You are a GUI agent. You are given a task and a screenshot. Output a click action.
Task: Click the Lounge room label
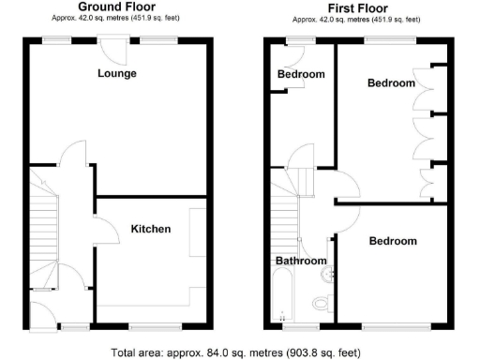click(x=117, y=73)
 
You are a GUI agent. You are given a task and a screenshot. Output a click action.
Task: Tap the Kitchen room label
click(x=150, y=229)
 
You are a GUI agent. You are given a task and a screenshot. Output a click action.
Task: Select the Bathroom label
click(x=301, y=261)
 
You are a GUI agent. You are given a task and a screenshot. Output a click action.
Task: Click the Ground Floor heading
click(x=116, y=7)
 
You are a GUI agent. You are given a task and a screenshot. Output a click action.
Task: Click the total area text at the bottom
click(x=235, y=352)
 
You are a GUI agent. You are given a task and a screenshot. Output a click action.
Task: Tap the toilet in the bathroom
click(x=320, y=303)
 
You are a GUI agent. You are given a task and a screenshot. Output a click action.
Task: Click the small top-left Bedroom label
click(x=301, y=74)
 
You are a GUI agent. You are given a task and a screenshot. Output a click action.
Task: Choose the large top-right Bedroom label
click(x=390, y=83)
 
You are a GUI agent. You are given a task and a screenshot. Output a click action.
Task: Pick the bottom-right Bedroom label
click(x=392, y=241)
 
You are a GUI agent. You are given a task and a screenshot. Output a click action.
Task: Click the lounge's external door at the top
click(x=117, y=45)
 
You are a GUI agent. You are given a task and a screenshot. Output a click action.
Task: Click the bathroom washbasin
click(x=326, y=274)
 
